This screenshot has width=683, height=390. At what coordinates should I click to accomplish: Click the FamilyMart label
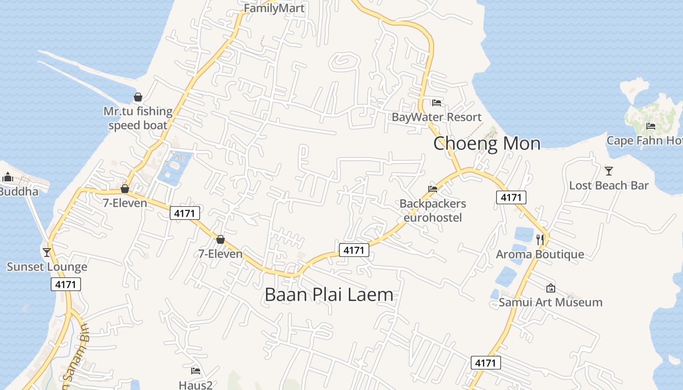tap(274, 8)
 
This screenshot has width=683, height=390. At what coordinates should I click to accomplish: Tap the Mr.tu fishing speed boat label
tap(138, 118)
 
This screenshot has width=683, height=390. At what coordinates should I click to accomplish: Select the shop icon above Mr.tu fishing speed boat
tap(138, 97)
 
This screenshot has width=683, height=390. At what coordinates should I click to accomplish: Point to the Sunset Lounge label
tap(47, 267)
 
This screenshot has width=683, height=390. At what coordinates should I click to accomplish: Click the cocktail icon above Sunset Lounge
tap(47, 252)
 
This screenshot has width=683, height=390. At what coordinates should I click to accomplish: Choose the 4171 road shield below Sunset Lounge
tap(66, 284)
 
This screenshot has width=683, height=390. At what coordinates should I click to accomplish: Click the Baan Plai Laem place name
tap(329, 294)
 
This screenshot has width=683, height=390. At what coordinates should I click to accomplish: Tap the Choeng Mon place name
tap(487, 143)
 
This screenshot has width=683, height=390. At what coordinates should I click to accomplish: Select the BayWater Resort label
tap(437, 117)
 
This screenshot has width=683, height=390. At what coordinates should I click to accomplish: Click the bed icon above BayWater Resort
tap(437, 103)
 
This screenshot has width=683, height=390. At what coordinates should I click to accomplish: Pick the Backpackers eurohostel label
tap(433, 210)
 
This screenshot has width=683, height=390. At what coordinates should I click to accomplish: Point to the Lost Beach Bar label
tap(609, 185)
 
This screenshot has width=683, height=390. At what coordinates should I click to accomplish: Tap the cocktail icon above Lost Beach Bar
tap(609, 171)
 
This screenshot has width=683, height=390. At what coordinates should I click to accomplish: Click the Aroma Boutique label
tap(540, 254)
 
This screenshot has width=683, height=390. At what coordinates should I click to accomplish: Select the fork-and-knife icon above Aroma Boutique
tap(540, 239)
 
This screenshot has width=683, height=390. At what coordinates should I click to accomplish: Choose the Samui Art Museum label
tap(550, 302)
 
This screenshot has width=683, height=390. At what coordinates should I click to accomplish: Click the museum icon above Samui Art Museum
tap(551, 288)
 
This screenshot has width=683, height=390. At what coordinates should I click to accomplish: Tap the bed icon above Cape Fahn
tap(650, 126)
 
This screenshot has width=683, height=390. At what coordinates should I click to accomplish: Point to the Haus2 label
tap(196, 385)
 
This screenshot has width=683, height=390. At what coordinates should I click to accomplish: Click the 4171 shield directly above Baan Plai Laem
tap(354, 250)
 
